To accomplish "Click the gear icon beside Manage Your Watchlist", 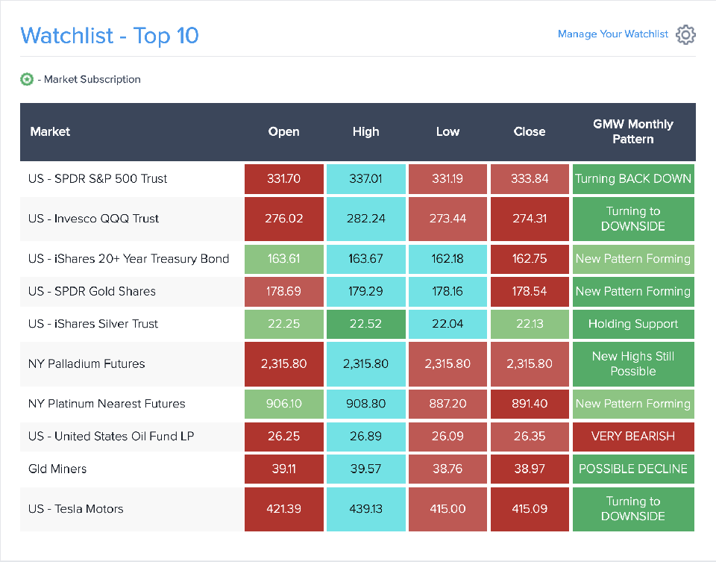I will coord(685,34).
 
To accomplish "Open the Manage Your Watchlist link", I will coord(612,34).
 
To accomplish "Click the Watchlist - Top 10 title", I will coord(110,35).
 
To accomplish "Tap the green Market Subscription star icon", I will coord(27,79).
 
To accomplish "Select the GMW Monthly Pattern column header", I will coord(632,131).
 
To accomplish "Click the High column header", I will coord(365,131).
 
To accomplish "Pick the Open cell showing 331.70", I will coord(283,179).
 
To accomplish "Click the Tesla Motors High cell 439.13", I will coord(365,509).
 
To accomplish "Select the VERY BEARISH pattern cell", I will coord(632,436).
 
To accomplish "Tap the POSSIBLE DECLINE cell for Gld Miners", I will coord(632,469).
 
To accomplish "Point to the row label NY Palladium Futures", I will coord(87,364).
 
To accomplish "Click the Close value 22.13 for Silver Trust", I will coord(530,324).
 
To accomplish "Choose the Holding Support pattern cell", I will coord(632,324).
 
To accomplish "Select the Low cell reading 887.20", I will coord(447,404).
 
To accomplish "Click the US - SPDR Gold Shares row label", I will coord(92,291).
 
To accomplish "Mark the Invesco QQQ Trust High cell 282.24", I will coord(365,219).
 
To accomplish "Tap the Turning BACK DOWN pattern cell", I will coord(632,179).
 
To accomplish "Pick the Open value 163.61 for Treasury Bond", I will coord(283,259).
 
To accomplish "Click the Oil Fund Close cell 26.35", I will coord(530,436).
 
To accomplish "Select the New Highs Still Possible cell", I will coord(632,364).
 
